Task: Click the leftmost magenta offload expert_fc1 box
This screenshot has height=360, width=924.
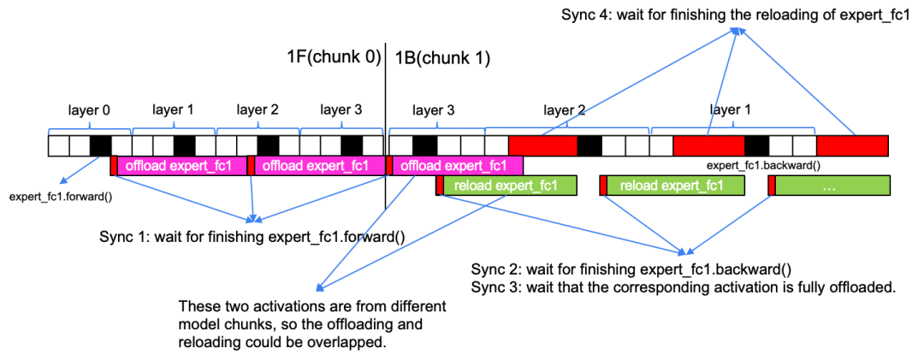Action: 181,166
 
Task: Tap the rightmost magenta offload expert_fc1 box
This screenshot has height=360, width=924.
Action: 457,166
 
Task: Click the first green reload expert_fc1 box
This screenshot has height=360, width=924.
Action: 509,186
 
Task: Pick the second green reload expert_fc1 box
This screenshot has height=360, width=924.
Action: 675,186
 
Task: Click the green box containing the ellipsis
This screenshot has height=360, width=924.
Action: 832,186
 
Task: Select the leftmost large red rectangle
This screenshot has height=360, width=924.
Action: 542,145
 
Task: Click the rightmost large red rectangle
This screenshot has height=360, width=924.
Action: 852,145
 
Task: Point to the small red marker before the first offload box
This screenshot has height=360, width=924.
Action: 114,166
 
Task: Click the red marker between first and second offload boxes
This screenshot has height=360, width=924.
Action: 251,166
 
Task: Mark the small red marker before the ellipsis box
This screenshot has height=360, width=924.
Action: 772,186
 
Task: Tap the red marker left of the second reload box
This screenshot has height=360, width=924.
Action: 603,186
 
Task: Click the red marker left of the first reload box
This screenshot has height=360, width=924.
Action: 440,186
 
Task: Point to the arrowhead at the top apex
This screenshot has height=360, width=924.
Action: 738,32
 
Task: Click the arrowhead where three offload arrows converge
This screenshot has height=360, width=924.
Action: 253,220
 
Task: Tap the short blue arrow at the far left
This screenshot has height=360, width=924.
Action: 77,170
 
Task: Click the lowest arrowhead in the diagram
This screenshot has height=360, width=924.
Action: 320,287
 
